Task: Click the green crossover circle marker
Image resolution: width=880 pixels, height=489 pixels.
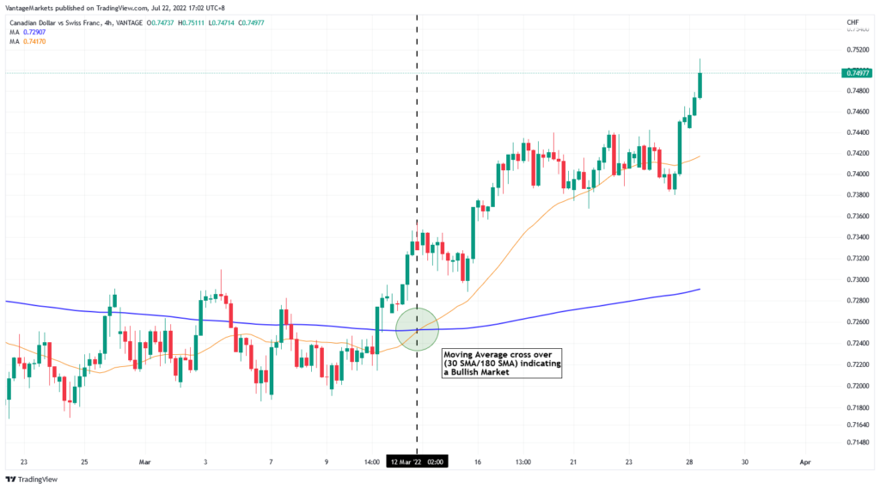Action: (417, 328)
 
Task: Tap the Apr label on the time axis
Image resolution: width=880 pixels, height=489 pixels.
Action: (804, 462)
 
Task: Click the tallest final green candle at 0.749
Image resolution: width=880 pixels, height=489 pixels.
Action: (700, 85)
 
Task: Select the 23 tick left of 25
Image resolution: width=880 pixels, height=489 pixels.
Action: (24, 462)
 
